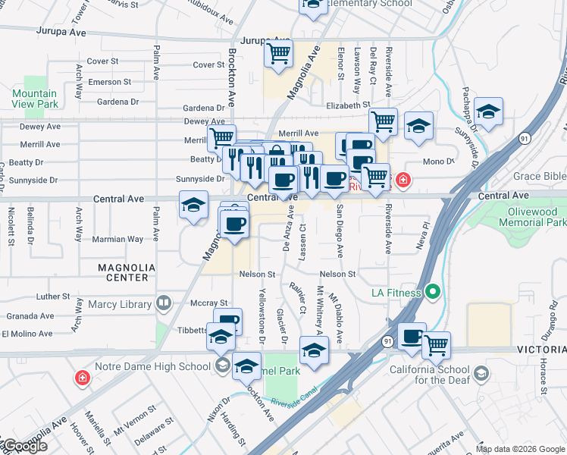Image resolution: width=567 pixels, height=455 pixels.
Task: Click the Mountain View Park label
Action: tap(35, 99)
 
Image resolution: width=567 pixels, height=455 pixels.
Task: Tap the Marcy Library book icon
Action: tap(163, 304)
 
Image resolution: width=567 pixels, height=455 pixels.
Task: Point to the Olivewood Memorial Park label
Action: tap(533, 218)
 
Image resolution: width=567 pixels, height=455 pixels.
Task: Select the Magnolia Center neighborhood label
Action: tap(127, 272)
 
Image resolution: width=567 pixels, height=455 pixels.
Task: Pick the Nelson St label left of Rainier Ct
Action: tap(257, 274)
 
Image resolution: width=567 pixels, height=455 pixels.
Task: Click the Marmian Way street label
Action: tap(120, 239)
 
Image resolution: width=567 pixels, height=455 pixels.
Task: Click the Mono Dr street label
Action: tap(437, 162)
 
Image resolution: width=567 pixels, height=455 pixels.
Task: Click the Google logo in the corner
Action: tap(26, 446)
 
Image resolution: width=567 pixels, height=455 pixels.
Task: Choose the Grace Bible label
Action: tap(539, 177)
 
